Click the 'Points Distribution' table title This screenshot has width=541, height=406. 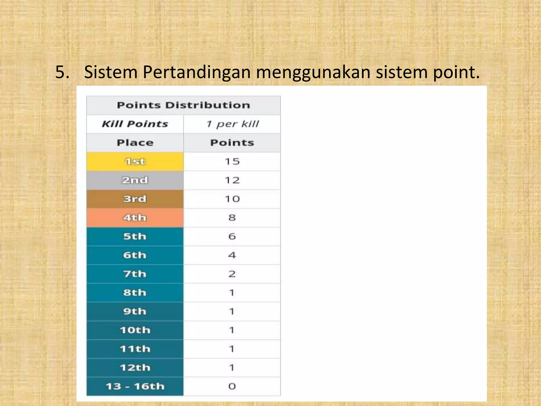(183, 105)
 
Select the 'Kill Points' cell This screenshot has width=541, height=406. (135, 124)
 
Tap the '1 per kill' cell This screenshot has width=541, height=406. (232, 124)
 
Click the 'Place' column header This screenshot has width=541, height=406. (135, 143)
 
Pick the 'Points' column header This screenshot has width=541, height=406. (232, 143)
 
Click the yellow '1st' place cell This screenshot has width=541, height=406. (135, 162)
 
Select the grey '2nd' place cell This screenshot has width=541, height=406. (135, 180)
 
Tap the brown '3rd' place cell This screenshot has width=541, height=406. (135, 199)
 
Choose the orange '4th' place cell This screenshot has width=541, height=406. (135, 218)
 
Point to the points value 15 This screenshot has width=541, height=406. (232, 162)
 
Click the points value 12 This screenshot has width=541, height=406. (232, 180)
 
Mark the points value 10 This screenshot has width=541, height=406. (232, 199)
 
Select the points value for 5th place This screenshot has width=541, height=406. (232, 236)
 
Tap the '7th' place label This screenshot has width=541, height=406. (135, 274)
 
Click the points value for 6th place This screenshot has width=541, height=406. (232, 255)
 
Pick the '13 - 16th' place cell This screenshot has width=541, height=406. (135, 386)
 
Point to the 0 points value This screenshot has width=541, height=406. (232, 386)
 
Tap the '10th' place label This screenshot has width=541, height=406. (135, 330)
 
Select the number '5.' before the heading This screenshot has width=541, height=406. (62, 72)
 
